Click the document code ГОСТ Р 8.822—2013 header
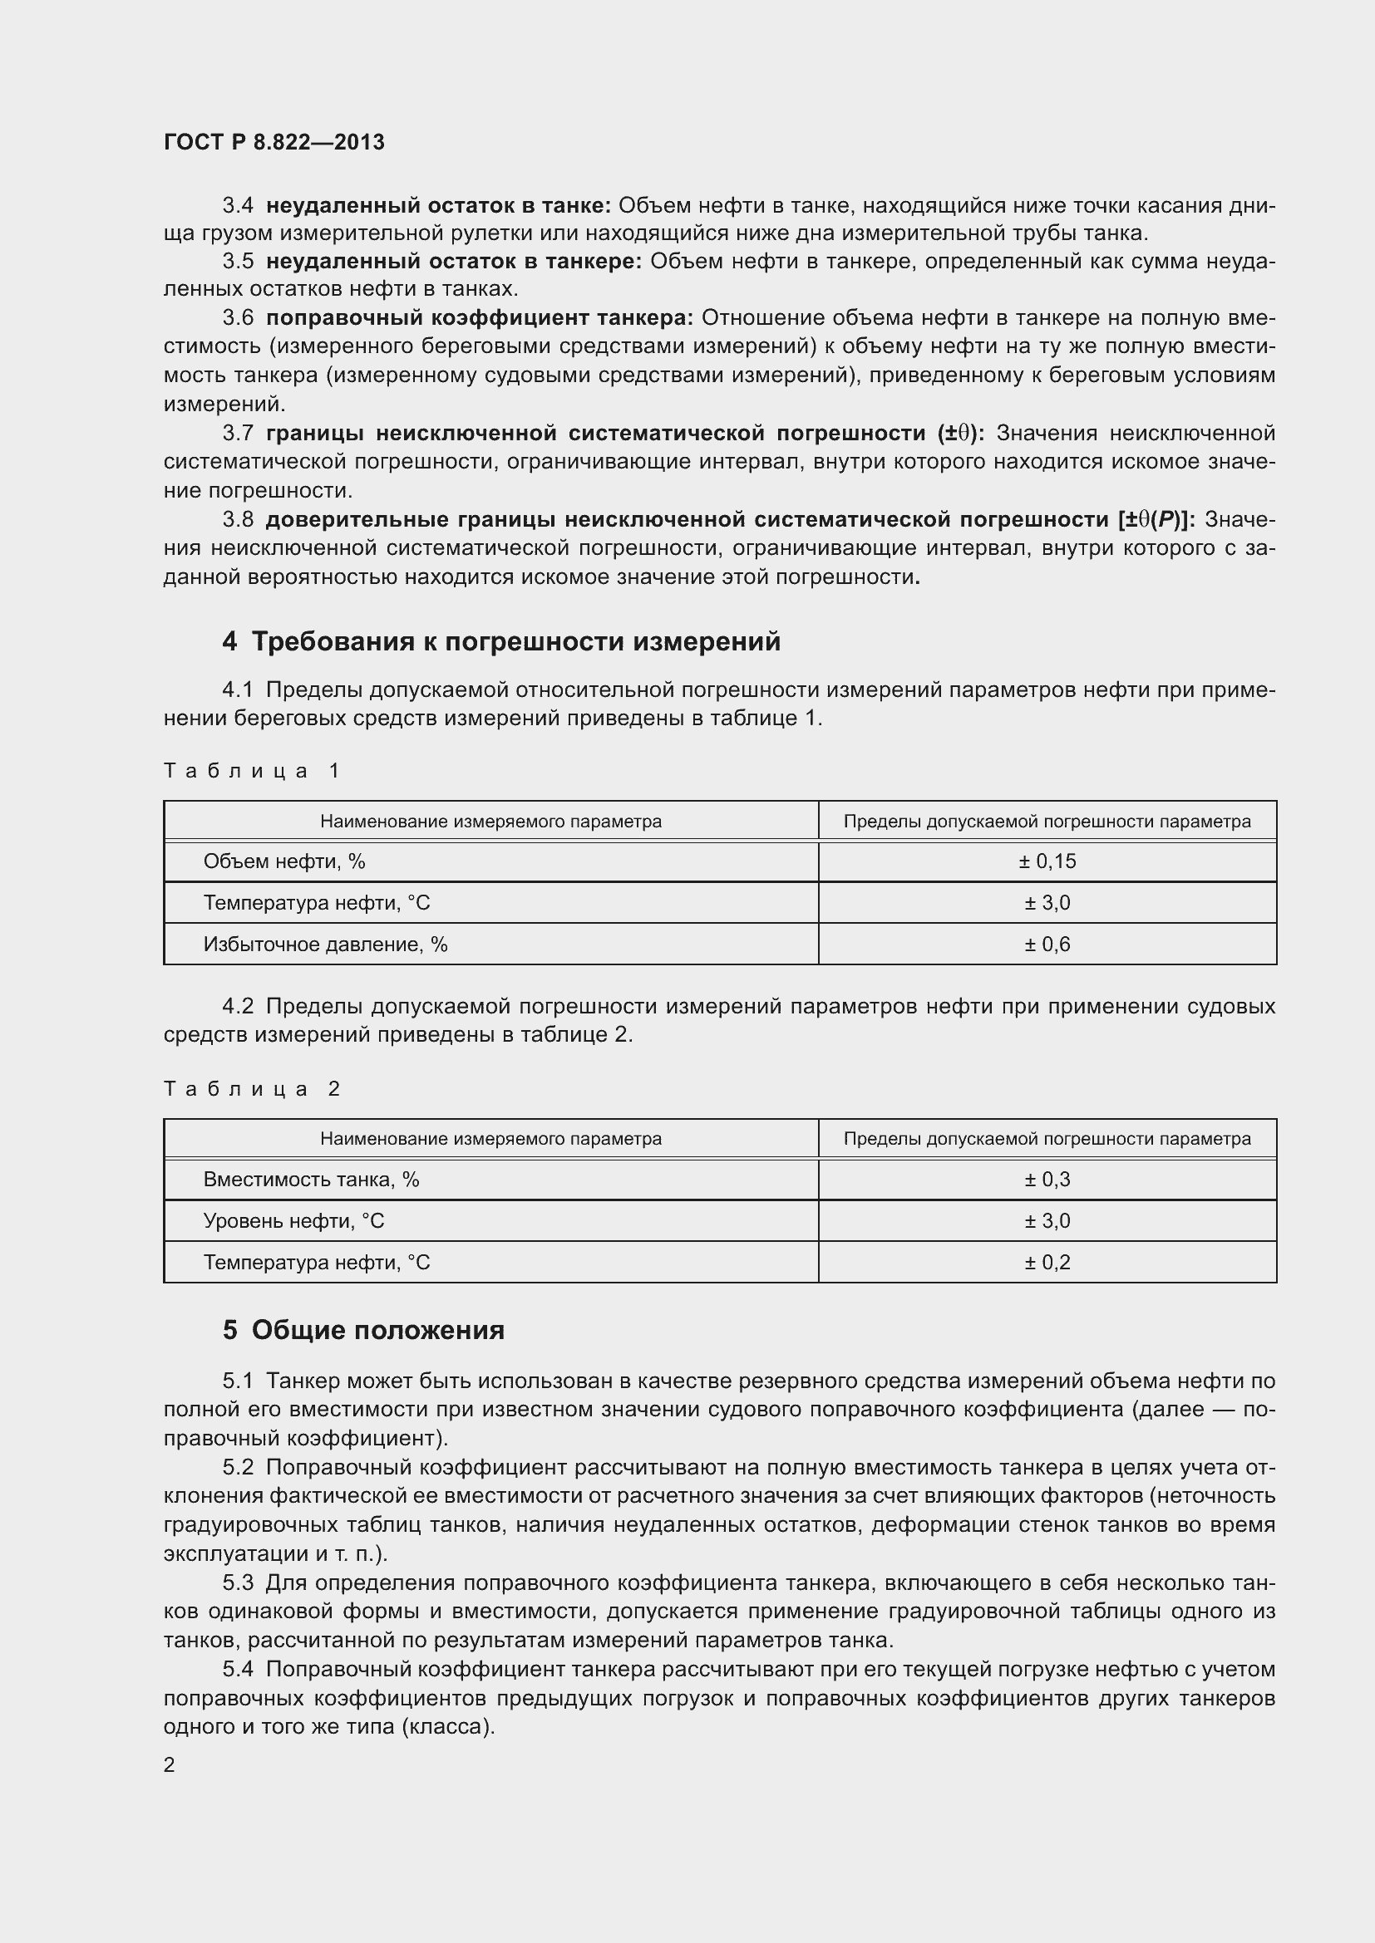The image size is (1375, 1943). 274,142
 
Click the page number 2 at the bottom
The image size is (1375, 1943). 170,1764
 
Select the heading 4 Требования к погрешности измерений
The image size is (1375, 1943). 501,641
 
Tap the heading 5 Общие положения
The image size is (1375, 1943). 363,1329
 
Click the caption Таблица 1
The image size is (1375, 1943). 251,770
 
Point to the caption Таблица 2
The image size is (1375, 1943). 251,1088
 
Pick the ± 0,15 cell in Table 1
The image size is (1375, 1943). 1047,861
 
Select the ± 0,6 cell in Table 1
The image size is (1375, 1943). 1047,944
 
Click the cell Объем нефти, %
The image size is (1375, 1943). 284,861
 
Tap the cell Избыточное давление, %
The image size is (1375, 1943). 325,944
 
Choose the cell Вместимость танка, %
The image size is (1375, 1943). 311,1179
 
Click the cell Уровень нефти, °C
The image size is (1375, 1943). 293,1220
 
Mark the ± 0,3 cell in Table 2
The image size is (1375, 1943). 1047,1179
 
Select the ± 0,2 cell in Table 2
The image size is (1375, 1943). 1047,1262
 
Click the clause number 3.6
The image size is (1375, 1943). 238,318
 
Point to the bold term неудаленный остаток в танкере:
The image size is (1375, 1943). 454,262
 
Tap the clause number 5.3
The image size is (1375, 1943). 238,1582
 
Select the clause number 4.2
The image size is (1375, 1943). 238,1006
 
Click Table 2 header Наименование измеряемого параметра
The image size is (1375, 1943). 490,1138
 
